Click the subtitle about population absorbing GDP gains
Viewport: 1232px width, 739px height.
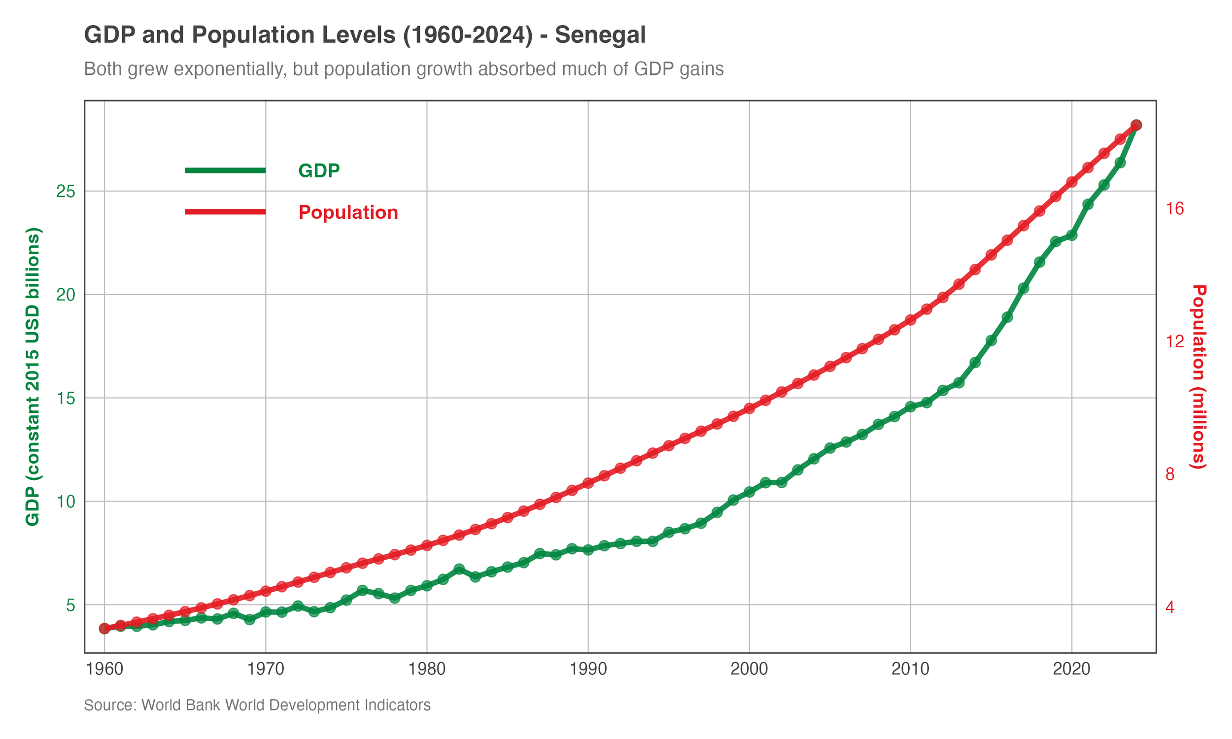(x=404, y=69)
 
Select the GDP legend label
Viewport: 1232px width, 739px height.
(x=319, y=171)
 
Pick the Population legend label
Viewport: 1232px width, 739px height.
(x=348, y=213)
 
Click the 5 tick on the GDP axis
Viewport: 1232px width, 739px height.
(x=70, y=605)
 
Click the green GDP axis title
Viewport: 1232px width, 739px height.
(x=33, y=376)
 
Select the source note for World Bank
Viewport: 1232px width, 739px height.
(x=257, y=705)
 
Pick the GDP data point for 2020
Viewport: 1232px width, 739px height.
(x=1072, y=235)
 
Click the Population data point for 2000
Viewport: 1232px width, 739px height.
(x=750, y=408)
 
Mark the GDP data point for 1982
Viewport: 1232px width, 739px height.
(x=459, y=569)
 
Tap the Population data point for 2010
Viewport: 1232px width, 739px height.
(x=910, y=320)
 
